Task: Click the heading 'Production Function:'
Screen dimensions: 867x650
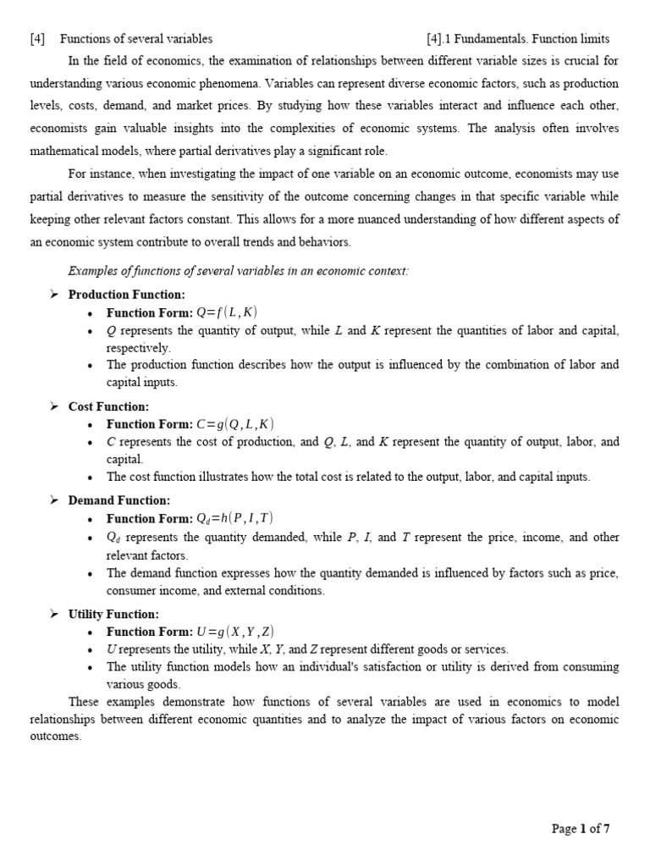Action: tap(126, 295)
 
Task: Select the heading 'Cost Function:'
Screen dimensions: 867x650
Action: tap(108, 406)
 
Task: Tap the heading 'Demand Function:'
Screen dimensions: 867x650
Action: tap(119, 500)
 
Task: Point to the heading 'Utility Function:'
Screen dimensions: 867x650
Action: tap(113, 614)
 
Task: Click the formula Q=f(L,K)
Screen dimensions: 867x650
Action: tap(227, 313)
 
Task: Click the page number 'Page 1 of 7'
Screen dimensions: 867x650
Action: tap(580, 829)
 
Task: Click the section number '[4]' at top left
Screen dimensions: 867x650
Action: tap(37, 39)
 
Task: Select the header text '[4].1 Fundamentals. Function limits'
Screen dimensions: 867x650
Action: tap(518, 39)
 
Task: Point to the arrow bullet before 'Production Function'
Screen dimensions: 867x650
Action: tap(53, 295)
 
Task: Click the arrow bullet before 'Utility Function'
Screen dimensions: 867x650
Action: tap(53, 614)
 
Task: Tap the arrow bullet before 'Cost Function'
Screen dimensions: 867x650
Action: tap(53, 406)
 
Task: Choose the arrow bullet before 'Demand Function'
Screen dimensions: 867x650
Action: tap(53, 500)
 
